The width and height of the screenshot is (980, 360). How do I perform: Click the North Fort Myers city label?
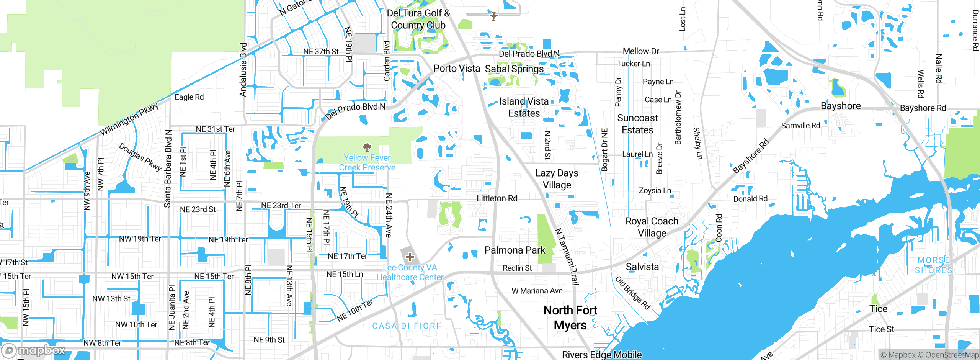coord(570,317)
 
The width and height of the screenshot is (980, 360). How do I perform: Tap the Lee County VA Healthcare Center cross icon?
coord(410,257)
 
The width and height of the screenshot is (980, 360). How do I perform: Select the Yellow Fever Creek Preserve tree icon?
coord(367,147)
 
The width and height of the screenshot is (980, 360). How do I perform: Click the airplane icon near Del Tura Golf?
coord(494,16)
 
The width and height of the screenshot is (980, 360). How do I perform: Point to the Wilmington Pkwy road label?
coord(129,119)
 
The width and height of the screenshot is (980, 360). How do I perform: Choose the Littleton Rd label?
coord(497,198)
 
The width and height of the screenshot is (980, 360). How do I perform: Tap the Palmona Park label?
coord(514,250)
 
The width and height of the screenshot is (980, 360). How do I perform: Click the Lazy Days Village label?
coord(557,179)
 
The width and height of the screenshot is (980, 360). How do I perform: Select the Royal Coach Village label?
coord(652,227)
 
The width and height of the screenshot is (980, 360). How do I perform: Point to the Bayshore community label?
coord(841,106)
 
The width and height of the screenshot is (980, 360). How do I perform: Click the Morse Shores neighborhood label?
coord(933,265)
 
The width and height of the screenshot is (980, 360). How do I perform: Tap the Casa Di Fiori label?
coord(405,326)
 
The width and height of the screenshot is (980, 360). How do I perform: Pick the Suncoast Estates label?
coord(637,124)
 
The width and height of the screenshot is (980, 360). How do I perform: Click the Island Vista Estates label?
coord(524,107)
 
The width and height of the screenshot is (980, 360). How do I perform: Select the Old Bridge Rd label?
coord(632,293)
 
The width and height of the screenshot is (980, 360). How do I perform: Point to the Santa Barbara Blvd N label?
coord(168,169)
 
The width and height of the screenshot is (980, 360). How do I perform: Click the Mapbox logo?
coord(34,350)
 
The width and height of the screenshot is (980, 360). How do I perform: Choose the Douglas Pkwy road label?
coord(140,157)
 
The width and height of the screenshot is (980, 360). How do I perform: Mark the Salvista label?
coord(642,267)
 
